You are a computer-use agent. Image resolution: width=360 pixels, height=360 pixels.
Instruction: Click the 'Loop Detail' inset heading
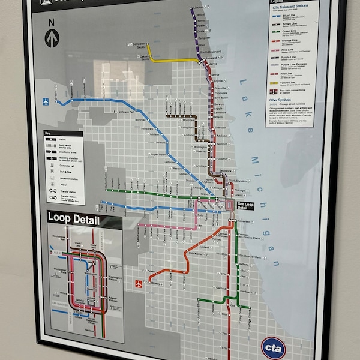[73, 219]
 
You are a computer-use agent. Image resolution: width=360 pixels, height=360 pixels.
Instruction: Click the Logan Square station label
[159, 155]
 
